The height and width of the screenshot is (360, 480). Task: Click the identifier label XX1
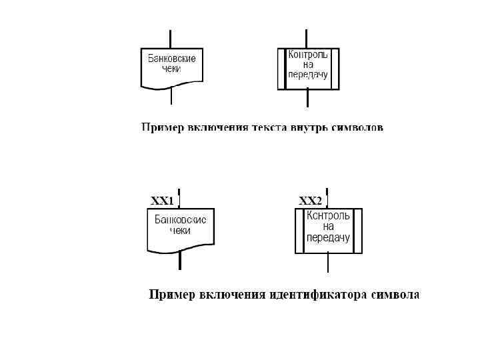pos(162,201)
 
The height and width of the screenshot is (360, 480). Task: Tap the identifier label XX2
pos(310,201)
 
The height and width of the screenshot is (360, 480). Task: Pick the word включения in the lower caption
pos(231,294)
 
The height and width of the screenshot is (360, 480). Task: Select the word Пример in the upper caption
pos(159,127)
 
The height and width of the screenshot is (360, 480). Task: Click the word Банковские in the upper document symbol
pos(171,59)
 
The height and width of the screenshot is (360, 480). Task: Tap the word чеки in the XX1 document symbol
pos(180,231)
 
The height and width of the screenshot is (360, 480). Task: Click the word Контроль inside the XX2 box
pos(327,216)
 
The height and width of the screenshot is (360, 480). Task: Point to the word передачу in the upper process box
pos(308,75)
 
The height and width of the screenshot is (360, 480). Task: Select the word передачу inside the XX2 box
pos(328,237)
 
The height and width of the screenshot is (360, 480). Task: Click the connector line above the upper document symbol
pos(171,38)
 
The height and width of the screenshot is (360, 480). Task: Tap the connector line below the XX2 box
pos(328,263)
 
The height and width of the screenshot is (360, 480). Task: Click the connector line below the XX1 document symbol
pos(179,260)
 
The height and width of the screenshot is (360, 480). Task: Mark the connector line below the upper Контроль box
pos(307,98)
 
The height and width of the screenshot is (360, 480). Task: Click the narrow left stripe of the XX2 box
pos(299,231)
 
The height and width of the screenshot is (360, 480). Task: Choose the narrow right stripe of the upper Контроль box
pos(335,69)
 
